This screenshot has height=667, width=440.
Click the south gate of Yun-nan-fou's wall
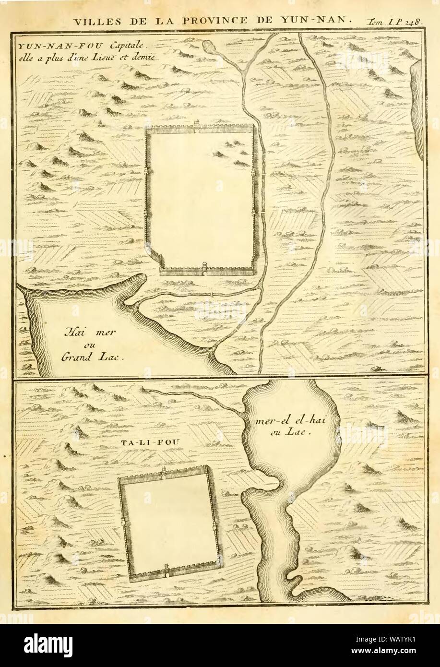[x=205, y=267]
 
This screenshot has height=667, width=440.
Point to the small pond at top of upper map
[x=209, y=47]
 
